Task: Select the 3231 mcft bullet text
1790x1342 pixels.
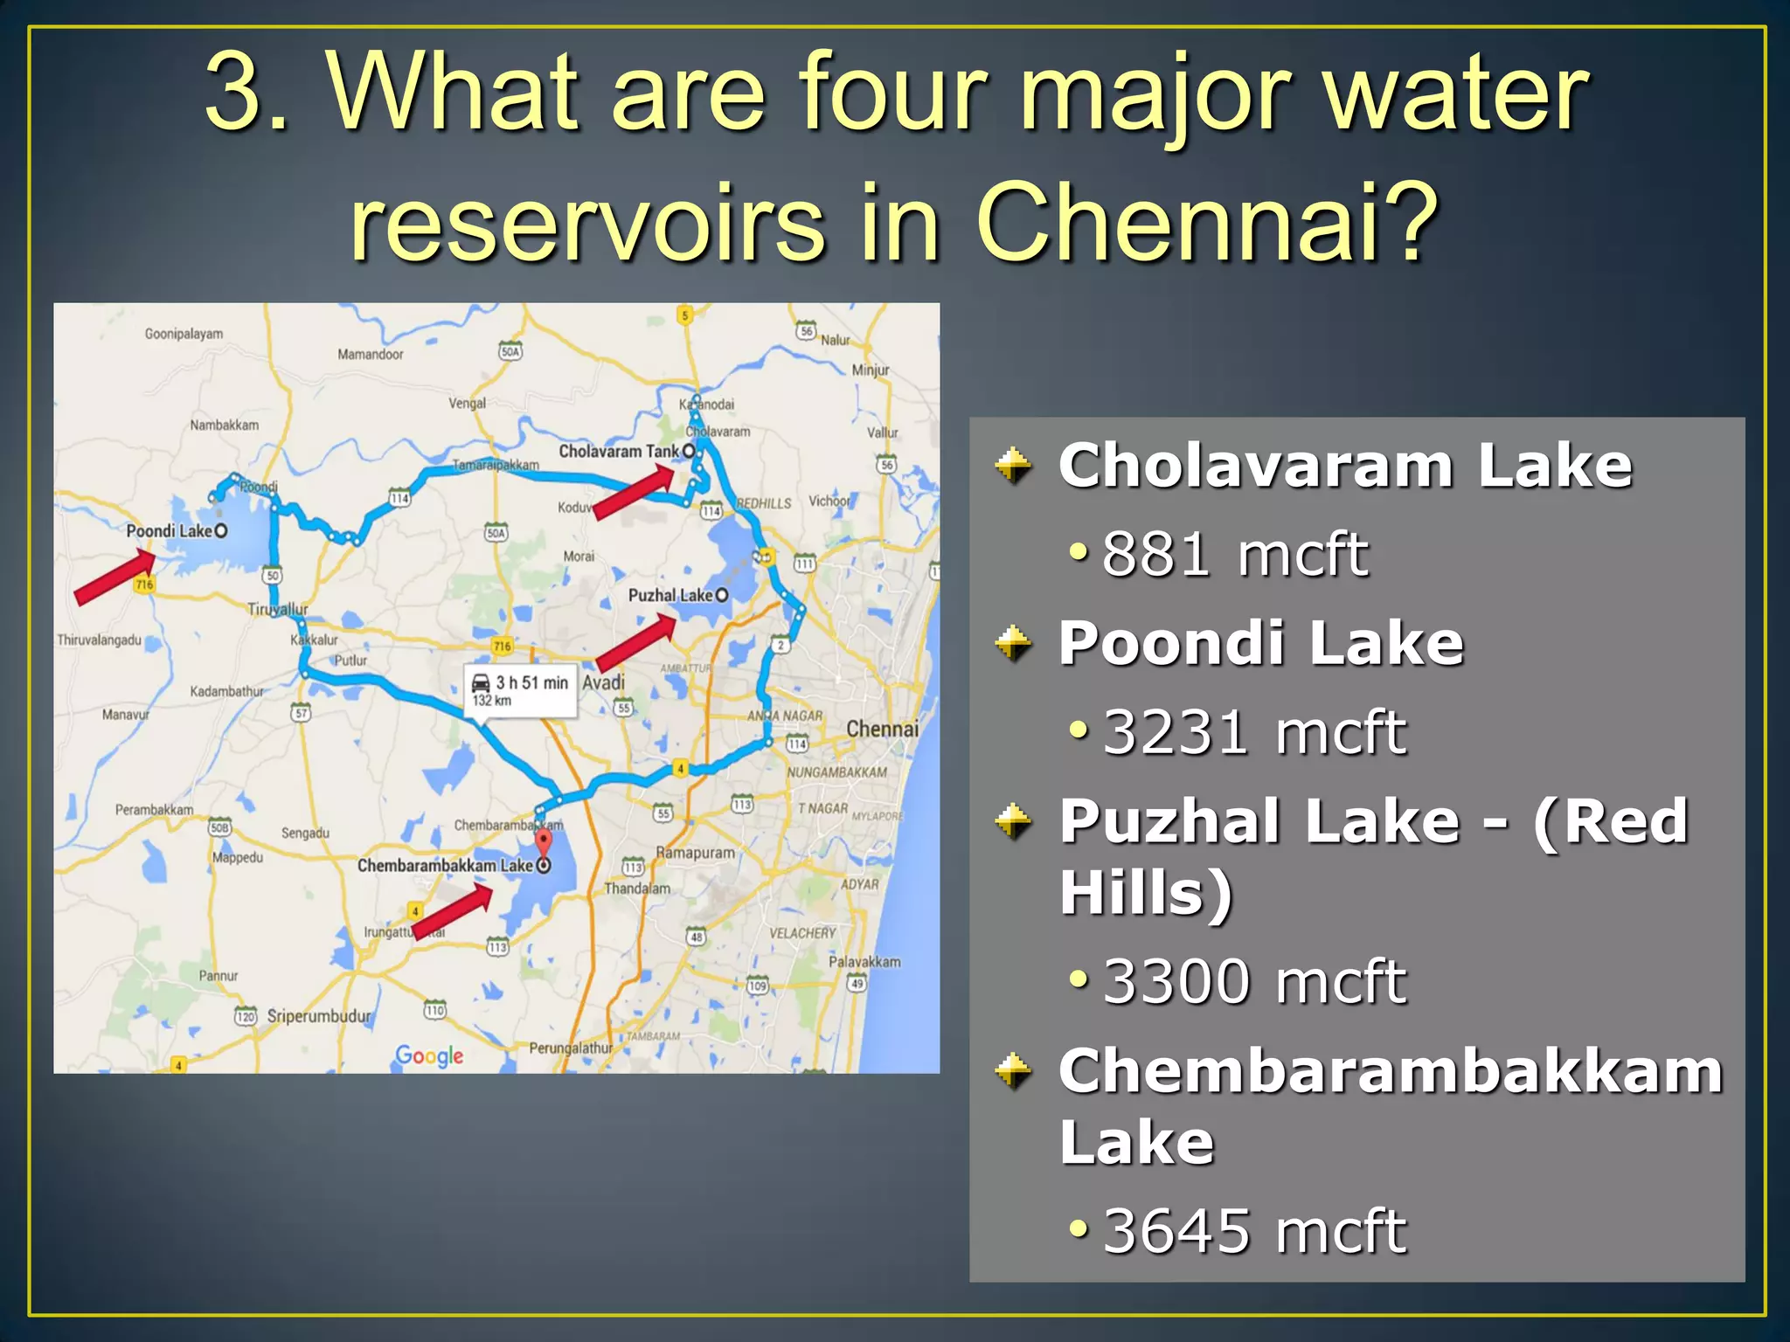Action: coord(1253,732)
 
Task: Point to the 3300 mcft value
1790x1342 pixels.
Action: coord(1253,981)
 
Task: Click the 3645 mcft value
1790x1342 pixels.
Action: coord(1253,1231)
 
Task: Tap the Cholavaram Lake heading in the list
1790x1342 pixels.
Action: coord(1344,465)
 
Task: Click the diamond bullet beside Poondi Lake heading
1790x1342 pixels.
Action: coord(1014,645)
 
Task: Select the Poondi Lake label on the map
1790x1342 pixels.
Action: coord(170,531)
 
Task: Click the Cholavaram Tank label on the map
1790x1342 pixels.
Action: coord(619,452)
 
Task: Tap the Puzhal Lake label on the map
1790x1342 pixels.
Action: coord(670,596)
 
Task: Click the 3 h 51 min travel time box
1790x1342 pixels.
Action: coord(521,691)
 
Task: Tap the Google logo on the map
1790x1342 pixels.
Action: coord(429,1055)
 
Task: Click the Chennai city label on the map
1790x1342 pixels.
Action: coord(882,729)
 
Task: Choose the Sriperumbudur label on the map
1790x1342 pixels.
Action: coord(318,1016)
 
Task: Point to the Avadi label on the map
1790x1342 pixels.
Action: coord(603,682)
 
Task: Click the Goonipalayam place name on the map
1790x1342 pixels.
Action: coord(184,334)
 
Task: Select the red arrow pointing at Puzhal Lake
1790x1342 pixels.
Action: coord(635,643)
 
